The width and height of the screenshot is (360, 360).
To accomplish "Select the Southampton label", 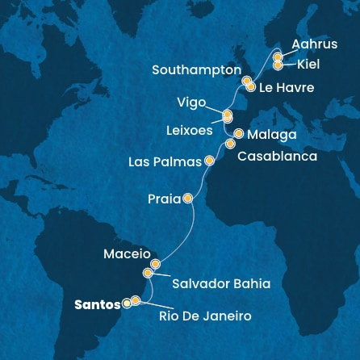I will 196,70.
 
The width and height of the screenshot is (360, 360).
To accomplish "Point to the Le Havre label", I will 286,86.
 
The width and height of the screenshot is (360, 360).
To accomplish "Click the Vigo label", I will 191,102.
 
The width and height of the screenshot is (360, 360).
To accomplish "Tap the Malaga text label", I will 273,134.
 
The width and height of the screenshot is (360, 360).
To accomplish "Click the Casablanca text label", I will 277,157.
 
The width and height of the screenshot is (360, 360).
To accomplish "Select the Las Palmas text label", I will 165,162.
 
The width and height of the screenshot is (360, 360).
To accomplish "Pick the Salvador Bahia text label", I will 220,283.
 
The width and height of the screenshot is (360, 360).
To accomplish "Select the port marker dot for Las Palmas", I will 210,161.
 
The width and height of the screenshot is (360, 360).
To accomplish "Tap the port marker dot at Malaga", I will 239,133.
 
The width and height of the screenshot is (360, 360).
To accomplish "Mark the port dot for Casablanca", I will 230,144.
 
